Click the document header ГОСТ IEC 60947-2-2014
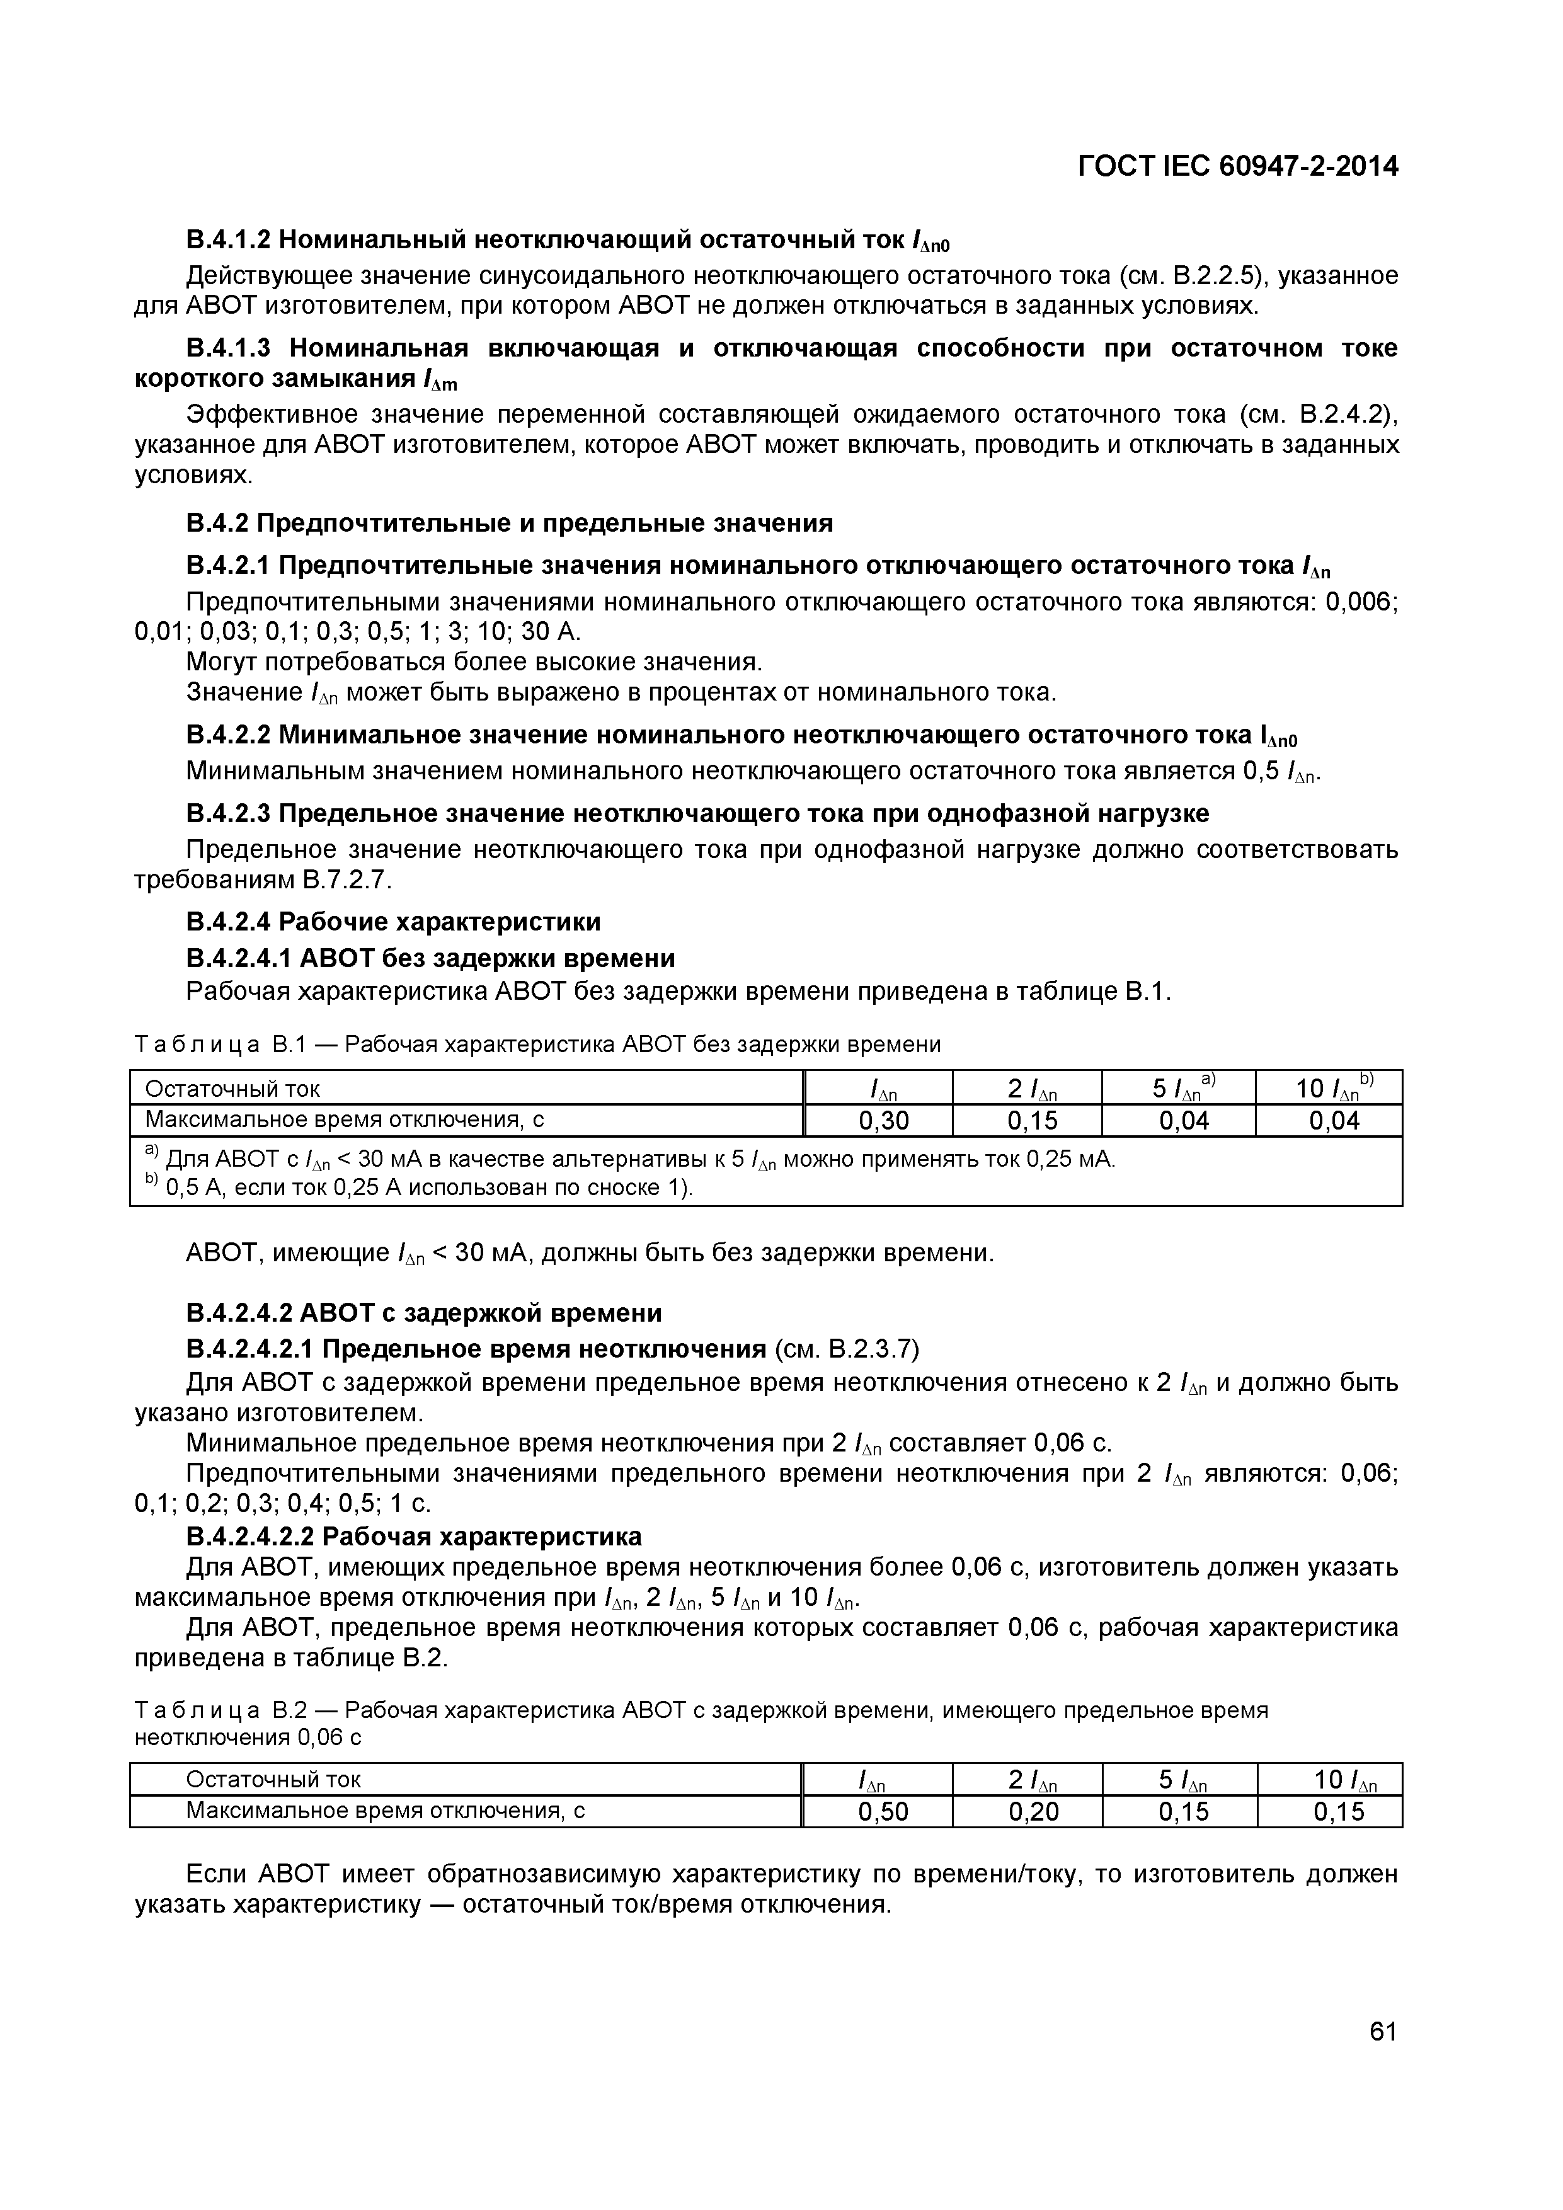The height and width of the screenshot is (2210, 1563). point(1238,166)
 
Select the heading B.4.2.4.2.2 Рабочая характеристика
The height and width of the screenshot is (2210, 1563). point(414,1536)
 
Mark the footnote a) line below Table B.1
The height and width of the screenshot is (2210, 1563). point(631,1159)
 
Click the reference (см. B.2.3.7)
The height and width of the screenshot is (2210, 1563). point(847,1351)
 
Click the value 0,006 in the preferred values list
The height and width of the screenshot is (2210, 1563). point(1361,602)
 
